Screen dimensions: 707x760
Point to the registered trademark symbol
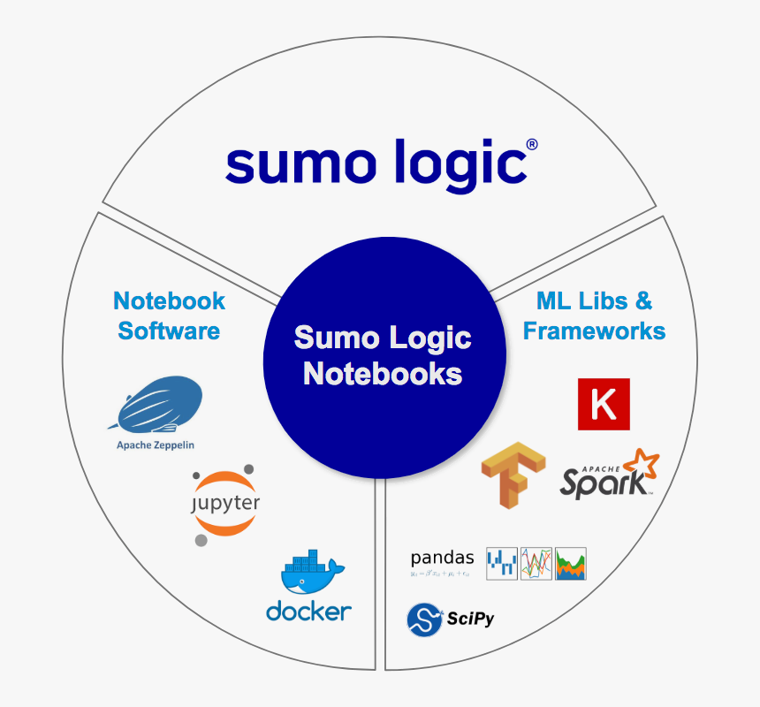pyautogui.click(x=531, y=144)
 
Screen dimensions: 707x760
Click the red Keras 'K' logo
pyautogui.click(x=604, y=405)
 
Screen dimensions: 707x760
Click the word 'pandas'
pyautogui.click(x=442, y=558)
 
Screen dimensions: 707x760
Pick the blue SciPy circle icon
pyautogui.click(x=424, y=620)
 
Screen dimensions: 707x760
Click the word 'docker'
pyautogui.click(x=308, y=611)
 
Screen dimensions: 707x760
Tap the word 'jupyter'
pyautogui.click(x=226, y=504)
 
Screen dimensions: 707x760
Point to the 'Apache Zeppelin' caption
pyautogui.click(x=156, y=445)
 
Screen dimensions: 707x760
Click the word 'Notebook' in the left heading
pyautogui.click(x=169, y=301)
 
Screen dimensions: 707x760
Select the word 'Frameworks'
pyautogui.click(x=594, y=331)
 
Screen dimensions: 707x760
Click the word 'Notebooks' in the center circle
pyautogui.click(x=383, y=373)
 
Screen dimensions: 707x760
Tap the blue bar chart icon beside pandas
pyautogui.click(x=502, y=563)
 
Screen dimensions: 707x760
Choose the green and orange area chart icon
pyautogui.click(x=571, y=563)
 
